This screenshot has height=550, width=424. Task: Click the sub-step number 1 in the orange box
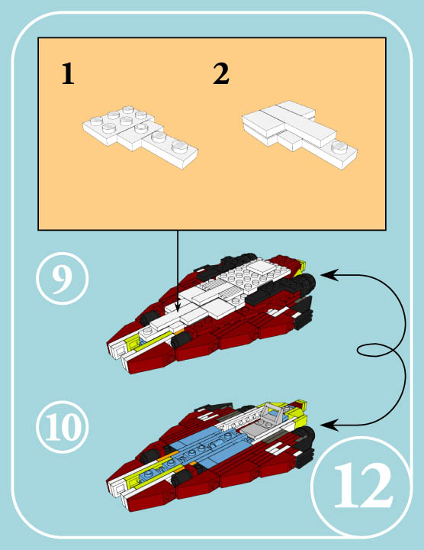[68, 75]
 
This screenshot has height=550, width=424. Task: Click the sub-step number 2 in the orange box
[221, 75]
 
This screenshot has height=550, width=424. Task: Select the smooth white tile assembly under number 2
[299, 130]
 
